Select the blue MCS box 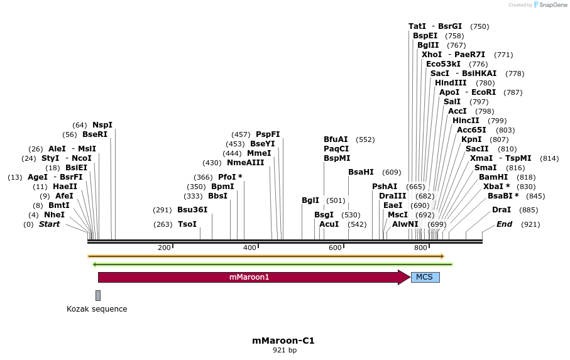coord(425,277)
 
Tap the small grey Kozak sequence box coord(98,295)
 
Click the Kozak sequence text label coord(97,309)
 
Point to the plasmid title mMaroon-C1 coord(283,341)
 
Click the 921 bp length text coord(283,351)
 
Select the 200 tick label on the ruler coord(165,248)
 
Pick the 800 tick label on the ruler coord(420,248)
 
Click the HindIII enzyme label coord(451,83)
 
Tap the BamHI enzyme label coord(493,177)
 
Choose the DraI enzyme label coord(501,210)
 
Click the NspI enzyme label coord(102,125)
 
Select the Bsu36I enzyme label coord(192,210)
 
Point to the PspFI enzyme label coord(268,134)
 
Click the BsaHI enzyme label coord(361,172)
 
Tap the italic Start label coord(49,224)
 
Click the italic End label coord(505,224)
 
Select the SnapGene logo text coord(551,5)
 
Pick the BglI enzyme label coord(310,200)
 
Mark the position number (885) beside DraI coord(529,210)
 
